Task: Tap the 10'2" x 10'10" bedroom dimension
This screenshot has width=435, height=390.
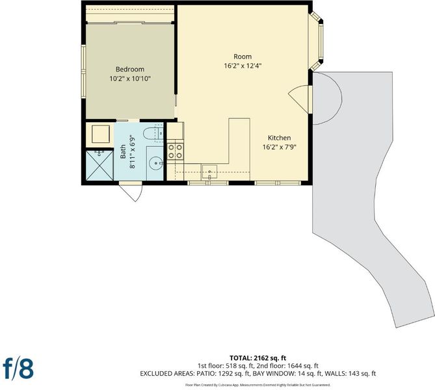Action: (x=130, y=79)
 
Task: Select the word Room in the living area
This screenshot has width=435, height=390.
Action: (x=243, y=57)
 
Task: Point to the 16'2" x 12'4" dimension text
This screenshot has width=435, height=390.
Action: (x=243, y=66)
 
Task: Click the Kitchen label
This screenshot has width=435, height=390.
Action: (x=280, y=138)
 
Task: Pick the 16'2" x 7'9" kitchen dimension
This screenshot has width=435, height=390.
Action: (x=280, y=147)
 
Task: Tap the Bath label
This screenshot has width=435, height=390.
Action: (x=123, y=151)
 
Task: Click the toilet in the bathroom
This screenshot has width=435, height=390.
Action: (x=153, y=133)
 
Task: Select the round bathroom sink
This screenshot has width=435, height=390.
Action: (x=155, y=162)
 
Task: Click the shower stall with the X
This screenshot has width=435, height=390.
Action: (x=100, y=165)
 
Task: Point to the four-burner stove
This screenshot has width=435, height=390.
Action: (x=176, y=151)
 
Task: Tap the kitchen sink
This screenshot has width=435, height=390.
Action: (x=210, y=172)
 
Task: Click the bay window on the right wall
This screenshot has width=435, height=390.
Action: (x=317, y=41)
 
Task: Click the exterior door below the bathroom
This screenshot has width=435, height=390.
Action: (x=131, y=191)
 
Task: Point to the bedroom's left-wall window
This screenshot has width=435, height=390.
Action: (x=83, y=71)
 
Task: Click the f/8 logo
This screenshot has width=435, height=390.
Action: (x=18, y=369)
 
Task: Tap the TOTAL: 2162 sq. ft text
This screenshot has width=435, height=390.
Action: (x=257, y=358)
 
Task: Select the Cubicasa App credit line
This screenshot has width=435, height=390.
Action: (x=257, y=385)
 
